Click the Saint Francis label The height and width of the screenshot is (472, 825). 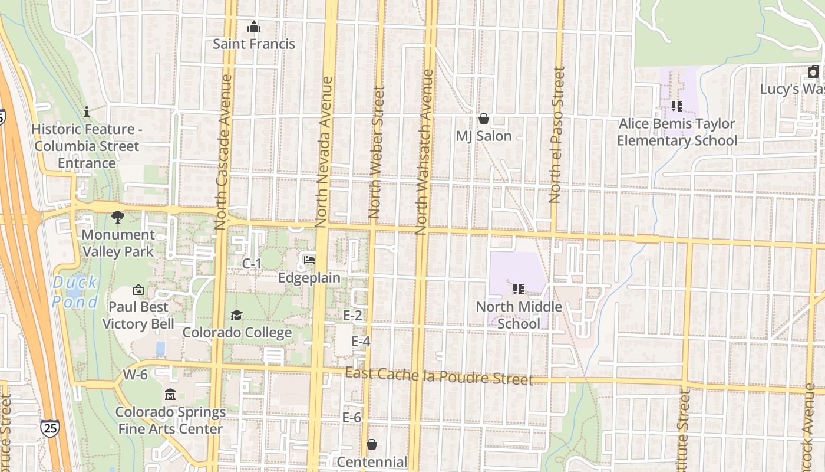coord(253,44)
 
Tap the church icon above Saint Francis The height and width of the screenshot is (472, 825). coord(254,27)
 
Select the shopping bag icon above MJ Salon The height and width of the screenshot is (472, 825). coord(484,119)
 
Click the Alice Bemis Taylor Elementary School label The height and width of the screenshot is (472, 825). coord(676,132)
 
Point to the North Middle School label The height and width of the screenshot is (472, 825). coord(519,315)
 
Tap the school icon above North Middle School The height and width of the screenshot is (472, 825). coord(519,289)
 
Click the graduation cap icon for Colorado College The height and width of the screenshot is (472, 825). coord(236,315)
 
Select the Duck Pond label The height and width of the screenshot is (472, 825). coord(75,292)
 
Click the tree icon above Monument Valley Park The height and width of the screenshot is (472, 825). coord(118,217)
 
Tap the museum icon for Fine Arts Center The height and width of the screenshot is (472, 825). coord(170,394)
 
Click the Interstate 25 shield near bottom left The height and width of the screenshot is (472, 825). coord(49,428)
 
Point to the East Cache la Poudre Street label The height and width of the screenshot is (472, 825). coord(438,376)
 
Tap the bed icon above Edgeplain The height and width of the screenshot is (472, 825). coord(309,260)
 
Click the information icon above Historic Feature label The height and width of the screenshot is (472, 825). coord(87,112)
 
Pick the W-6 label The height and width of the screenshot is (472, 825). coord(135,375)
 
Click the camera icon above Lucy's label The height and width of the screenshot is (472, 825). coord(813,72)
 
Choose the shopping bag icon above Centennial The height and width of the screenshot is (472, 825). coord(372,444)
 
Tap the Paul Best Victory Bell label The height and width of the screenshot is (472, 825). coord(138,315)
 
